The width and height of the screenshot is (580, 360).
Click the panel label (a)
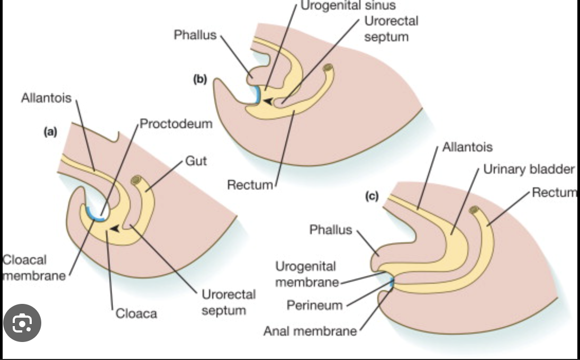pos(50,133)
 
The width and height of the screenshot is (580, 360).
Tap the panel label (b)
pos(200,80)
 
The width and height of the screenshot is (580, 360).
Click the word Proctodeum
pos(176,124)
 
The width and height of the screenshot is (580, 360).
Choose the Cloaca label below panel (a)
pos(137,313)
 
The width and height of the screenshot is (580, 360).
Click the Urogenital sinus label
pos(348,6)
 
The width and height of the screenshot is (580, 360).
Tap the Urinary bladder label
pos(529,169)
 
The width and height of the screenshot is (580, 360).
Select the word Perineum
pos(314,305)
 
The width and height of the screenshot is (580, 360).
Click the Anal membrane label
pos(310,331)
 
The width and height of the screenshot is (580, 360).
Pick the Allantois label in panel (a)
pos(47,98)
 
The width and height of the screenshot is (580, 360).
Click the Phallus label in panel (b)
pos(195,35)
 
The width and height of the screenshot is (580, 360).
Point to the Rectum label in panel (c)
pos(555,192)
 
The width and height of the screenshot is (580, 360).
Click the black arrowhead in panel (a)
pos(113,229)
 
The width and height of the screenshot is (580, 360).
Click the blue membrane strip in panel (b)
pos(257,95)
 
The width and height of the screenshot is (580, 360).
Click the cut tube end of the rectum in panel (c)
pos(474,211)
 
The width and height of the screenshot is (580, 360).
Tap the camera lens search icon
pos(22,323)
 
